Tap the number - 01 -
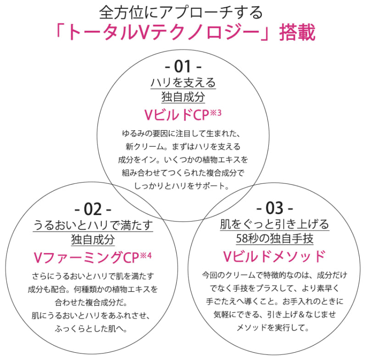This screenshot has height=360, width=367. (x=183, y=67)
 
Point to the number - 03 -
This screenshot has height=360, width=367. (x=275, y=209)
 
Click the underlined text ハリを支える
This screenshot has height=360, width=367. (x=183, y=83)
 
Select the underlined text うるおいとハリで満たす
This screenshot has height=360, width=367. (x=93, y=225)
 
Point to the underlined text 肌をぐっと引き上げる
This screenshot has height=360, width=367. (x=275, y=225)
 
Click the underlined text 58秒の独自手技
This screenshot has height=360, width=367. (x=275, y=239)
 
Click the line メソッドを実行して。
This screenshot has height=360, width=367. (x=274, y=328)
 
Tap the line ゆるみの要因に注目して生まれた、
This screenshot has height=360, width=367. (x=183, y=134)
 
